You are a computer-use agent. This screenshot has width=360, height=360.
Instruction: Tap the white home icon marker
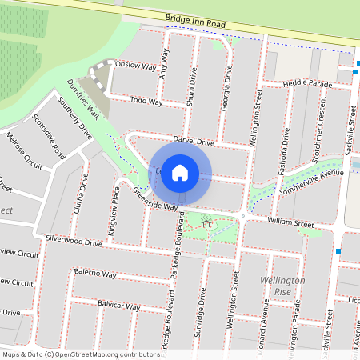pyautogui.click(x=180, y=171)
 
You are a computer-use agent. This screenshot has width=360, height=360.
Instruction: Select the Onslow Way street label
pyautogui.click(x=135, y=66)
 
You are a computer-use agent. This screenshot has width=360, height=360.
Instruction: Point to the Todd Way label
pyautogui.click(x=146, y=102)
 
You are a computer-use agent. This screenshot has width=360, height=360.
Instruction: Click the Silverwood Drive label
pyautogui.click(x=74, y=240)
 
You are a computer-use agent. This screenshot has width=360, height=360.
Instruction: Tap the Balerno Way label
pyautogui.click(x=95, y=274)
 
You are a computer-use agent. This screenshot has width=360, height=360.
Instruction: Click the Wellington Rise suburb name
pyautogui.click(x=282, y=286)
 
